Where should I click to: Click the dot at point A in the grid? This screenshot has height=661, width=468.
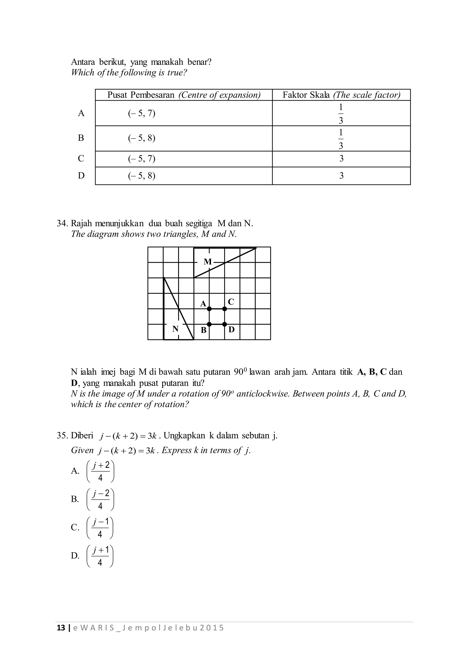point(209,309)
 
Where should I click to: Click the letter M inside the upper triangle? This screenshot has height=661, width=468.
point(208,262)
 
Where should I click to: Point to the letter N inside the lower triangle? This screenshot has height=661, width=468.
point(175,329)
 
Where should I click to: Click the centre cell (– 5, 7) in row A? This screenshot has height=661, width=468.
point(142,113)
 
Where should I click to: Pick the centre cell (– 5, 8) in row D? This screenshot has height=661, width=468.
point(142,176)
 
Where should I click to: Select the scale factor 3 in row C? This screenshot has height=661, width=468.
point(341,159)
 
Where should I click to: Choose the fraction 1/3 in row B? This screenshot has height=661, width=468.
point(341,139)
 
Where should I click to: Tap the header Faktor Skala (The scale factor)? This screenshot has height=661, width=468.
point(341,95)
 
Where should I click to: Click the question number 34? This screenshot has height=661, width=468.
point(62,223)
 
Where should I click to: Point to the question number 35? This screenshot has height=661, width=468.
point(62,435)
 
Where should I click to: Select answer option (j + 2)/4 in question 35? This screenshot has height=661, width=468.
point(100,471)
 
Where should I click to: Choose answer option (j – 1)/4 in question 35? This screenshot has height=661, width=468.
point(100,528)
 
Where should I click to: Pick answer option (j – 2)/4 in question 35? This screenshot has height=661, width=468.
point(100,499)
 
